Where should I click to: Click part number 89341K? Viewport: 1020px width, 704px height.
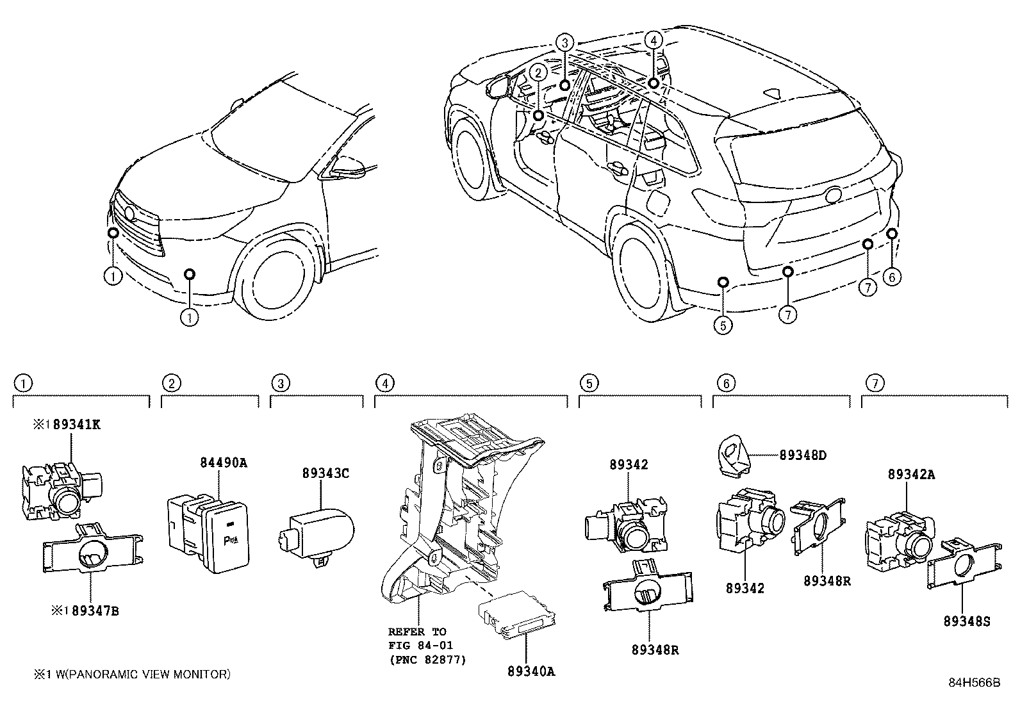pyautogui.click(x=76, y=424)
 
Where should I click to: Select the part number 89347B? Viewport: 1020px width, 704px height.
pyautogui.click(x=95, y=610)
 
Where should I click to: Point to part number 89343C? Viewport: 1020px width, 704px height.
pyautogui.click(x=325, y=473)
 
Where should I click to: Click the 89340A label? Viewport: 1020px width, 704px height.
pyautogui.click(x=531, y=671)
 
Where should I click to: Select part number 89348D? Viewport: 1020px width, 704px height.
pyautogui.click(x=803, y=455)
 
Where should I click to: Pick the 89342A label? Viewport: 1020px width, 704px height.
pyautogui.click(x=911, y=474)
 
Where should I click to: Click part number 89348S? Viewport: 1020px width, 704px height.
pyautogui.click(x=966, y=621)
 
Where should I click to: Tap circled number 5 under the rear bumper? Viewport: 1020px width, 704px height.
pyautogui.click(x=722, y=325)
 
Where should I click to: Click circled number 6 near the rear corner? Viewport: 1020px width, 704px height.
pyautogui.click(x=891, y=277)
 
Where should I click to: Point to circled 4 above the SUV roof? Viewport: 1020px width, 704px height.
pyautogui.click(x=653, y=40)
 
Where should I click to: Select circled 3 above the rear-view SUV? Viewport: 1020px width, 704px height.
pyautogui.click(x=564, y=43)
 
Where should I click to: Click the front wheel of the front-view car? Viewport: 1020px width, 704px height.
pyautogui.click(x=278, y=281)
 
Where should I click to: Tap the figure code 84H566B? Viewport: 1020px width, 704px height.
pyautogui.click(x=974, y=683)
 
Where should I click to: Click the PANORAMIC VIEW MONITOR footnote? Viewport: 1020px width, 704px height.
pyautogui.click(x=132, y=674)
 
